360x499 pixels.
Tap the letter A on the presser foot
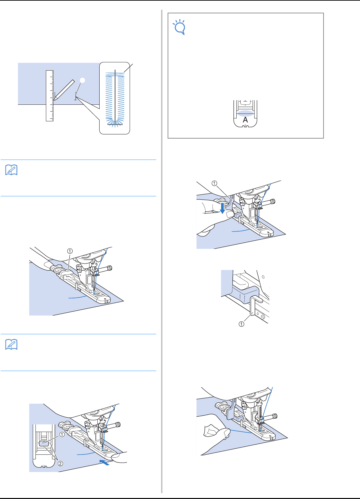245,120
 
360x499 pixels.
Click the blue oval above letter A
245,113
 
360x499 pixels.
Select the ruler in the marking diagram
49,96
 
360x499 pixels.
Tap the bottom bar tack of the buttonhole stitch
115,124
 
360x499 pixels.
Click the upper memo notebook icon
12,170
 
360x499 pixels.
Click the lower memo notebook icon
12,344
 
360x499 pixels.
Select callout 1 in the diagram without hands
70,251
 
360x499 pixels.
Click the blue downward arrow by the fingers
223,208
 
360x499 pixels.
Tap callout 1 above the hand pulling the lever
214,183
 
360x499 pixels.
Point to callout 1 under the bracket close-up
242,324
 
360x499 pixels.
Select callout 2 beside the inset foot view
61,464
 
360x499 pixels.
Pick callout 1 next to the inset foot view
62,435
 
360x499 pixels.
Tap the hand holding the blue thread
213,433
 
